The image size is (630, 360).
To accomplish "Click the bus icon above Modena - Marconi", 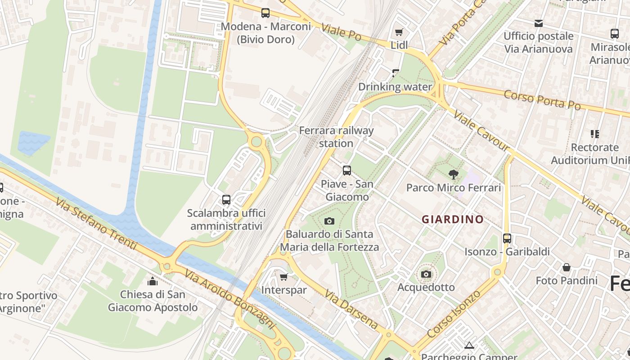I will [x=265, y=13].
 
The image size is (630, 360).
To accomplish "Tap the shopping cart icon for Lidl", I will [x=399, y=32].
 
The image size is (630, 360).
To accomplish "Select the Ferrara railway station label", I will [x=336, y=137].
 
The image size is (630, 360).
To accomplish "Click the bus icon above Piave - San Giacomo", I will [x=346, y=171].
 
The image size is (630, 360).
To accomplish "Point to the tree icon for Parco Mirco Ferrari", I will [x=453, y=174].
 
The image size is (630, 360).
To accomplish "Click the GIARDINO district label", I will [x=452, y=220].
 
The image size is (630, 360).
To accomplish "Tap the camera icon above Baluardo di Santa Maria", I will [x=329, y=221].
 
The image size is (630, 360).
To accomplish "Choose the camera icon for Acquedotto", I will [x=426, y=274].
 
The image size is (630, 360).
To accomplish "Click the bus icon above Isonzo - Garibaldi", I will [x=507, y=238].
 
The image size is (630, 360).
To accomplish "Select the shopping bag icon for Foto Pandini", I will [x=566, y=267].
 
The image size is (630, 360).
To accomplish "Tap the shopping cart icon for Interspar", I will [x=283, y=277].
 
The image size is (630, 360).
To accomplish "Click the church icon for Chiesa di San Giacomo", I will [x=153, y=281].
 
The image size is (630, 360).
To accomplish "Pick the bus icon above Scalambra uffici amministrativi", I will [x=226, y=199].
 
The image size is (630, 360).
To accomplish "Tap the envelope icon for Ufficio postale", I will [x=538, y=23].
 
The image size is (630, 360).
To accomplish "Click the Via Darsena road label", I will [x=351, y=310].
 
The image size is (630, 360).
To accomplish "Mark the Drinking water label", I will [x=395, y=87].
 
